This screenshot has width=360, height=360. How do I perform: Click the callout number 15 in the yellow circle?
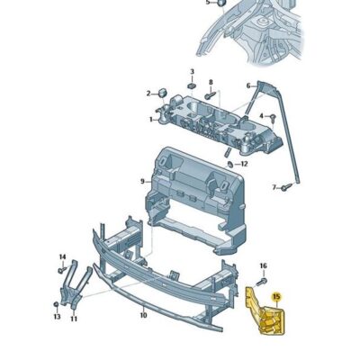click(276, 296)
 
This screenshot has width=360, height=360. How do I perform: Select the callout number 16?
click(263, 265)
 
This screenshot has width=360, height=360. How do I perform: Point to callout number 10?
click(143, 316)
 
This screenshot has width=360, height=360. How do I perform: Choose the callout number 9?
click(141, 182)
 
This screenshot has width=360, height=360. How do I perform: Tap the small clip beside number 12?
click(231, 164)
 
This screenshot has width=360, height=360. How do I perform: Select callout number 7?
click(274, 187)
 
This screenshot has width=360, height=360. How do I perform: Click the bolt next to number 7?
click(287, 187)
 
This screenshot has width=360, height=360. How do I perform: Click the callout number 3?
click(192, 71)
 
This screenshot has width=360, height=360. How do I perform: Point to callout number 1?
click(151, 118)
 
